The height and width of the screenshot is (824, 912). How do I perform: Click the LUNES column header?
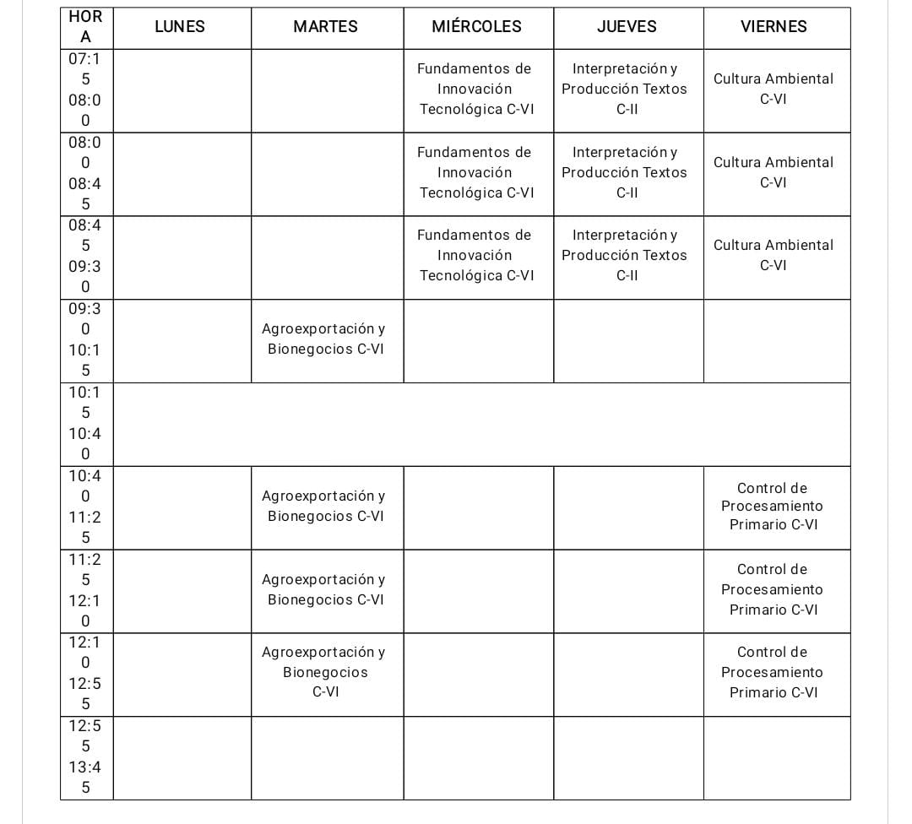click(180, 27)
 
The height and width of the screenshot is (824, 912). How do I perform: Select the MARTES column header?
click(325, 27)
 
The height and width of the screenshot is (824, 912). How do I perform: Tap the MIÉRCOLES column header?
click(476, 27)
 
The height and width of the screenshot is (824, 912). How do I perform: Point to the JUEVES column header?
click(627, 27)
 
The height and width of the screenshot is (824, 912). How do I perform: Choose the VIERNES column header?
click(774, 27)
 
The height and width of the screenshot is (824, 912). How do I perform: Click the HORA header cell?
click(85, 27)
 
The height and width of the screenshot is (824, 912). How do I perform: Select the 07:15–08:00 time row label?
click(85, 89)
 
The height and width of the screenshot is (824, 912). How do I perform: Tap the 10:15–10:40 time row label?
click(85, 424)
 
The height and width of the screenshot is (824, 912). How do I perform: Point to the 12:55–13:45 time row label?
click(85, 757)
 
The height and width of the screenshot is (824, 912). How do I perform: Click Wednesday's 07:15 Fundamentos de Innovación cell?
click(477, 89)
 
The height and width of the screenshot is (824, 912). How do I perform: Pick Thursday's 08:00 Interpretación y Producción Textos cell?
click(627, 173)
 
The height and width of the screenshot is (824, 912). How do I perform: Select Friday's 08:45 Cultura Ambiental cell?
click(774, 256)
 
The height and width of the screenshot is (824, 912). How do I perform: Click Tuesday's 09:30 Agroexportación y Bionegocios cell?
click(325, 339)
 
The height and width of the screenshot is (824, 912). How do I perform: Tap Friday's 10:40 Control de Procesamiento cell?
click(774, 507)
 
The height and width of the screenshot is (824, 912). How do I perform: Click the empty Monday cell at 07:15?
click(182, 89)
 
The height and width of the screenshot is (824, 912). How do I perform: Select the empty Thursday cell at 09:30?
click(627, 340)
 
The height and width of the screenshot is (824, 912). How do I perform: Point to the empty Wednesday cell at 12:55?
click(478, 757)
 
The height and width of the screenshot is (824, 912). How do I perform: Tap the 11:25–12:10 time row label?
click(85, 590)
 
